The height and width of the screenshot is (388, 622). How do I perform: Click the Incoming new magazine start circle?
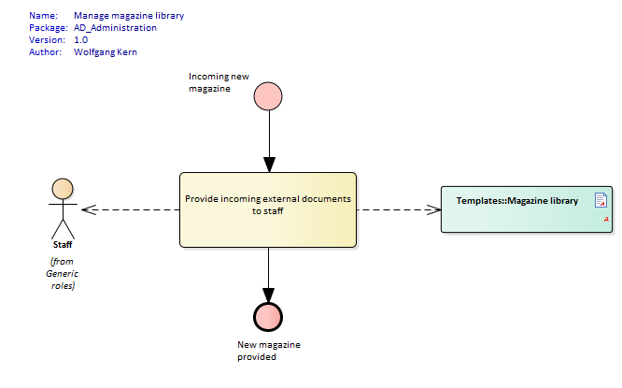268,95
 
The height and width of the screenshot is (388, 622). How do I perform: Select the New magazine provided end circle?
268,317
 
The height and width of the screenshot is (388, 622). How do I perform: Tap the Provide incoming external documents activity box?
268,209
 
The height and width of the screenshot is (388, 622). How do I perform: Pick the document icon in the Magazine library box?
601,199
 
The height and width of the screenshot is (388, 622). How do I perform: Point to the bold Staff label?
63,244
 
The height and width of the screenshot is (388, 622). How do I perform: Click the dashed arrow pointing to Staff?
131,209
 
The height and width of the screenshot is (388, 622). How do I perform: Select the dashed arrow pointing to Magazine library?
399,209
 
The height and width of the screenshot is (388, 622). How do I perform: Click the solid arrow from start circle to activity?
268,140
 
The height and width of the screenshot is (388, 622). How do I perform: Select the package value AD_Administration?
115,28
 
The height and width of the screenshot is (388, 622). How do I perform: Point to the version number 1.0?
81,40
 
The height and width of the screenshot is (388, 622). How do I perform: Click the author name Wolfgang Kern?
106,52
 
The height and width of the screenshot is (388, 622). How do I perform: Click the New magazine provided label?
269,350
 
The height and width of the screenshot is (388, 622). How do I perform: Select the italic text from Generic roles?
63,272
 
